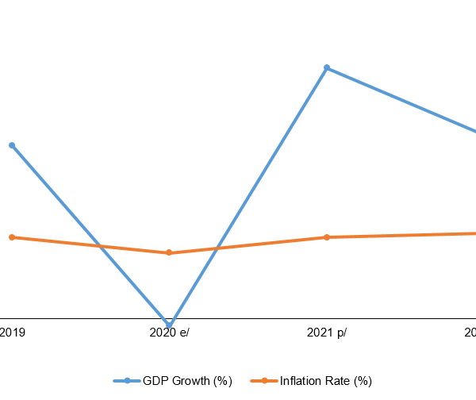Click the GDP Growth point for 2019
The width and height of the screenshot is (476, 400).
click(x=12, y=145)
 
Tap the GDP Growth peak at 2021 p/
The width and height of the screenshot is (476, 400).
click(x=326, y=68)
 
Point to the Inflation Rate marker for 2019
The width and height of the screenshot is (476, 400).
click(x=12, y=237)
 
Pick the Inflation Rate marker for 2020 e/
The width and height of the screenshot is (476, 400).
click(x=169, y=253)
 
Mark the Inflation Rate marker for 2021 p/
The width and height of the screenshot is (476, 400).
click(x=326, y=237)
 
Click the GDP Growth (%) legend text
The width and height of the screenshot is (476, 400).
click(x=187, y=381)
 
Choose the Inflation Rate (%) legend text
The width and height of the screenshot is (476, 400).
click(x=325, y=381)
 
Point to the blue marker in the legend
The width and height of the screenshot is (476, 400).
click(x=127, y=381)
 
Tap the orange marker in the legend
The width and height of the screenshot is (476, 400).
click(x=264, y=381)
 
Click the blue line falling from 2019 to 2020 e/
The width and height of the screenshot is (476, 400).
click(x=63, y=204)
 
